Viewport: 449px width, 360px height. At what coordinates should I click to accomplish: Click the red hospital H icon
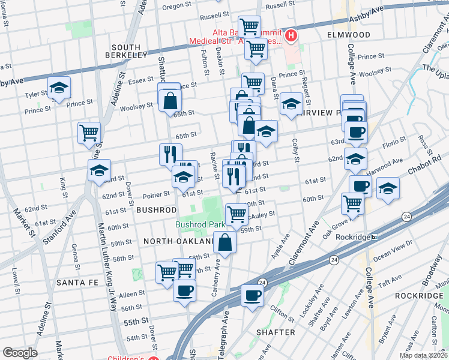point(291,36)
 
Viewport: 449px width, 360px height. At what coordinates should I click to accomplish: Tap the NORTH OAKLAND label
point(179,241)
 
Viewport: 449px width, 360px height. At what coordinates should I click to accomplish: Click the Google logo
point(20,352)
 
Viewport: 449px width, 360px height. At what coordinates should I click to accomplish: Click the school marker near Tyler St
point(59,88)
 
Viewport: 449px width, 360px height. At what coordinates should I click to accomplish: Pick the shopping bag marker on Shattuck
point(170,100)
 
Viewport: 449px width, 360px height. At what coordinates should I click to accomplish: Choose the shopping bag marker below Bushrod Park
point(224,242)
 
